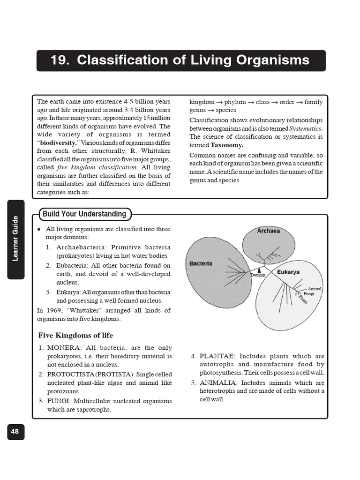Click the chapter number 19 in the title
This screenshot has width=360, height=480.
(59, 60)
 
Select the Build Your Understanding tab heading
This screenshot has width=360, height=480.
(84, 214)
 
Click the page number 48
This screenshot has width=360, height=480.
(15, 432)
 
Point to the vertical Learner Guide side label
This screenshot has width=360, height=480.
(16, 239)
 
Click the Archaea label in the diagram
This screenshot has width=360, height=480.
(269, 231)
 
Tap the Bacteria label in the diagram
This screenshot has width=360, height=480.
(201, 263)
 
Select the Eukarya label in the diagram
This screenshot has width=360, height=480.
(288, 272)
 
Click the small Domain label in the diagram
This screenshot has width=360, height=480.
(258, 275)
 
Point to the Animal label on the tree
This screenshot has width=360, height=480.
(314, 289)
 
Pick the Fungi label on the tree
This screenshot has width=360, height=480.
(308, 294)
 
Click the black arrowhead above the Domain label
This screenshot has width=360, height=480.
(259, 270)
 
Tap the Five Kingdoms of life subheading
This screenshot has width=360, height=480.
(75, 336)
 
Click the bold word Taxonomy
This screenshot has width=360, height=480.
(227, 145)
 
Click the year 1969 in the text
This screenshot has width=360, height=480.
(54, 310)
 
